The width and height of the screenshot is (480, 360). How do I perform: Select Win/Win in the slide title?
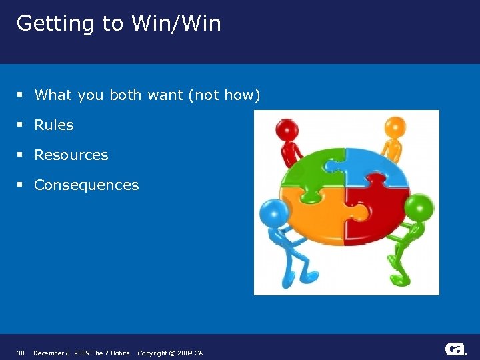click(176, 23)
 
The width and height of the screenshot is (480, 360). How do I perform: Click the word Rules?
click(53, 125)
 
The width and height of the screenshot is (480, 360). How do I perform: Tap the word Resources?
click(71, 155)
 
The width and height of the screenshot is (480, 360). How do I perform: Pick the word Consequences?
click(86, 185)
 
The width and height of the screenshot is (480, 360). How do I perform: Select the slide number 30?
click(21, 353)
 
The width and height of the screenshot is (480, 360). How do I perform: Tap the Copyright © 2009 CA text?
click(170, 353)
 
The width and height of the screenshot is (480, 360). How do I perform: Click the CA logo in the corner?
click(455, 349)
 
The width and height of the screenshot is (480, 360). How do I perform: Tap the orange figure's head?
click(395, 127)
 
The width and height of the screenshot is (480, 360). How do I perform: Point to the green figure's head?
click(419, 207)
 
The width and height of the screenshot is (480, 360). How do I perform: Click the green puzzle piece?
click(313, 170)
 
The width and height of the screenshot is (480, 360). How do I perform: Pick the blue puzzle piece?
click(377, 167)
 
